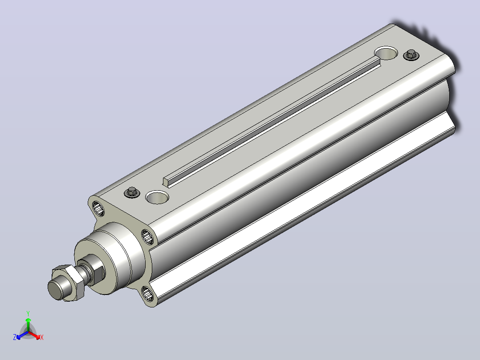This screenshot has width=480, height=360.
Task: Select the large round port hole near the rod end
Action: coord(157,197)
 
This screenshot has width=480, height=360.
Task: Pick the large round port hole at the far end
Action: coord(386,53)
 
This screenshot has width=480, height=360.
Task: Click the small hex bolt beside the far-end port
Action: coord(411,55)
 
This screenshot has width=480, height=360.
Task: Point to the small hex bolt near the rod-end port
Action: coord(132,192)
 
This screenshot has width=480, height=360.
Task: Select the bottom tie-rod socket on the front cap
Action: coord(148,294)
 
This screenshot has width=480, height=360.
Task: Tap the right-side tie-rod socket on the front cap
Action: coord(147,237)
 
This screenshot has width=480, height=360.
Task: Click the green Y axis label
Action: coord(28,313)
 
